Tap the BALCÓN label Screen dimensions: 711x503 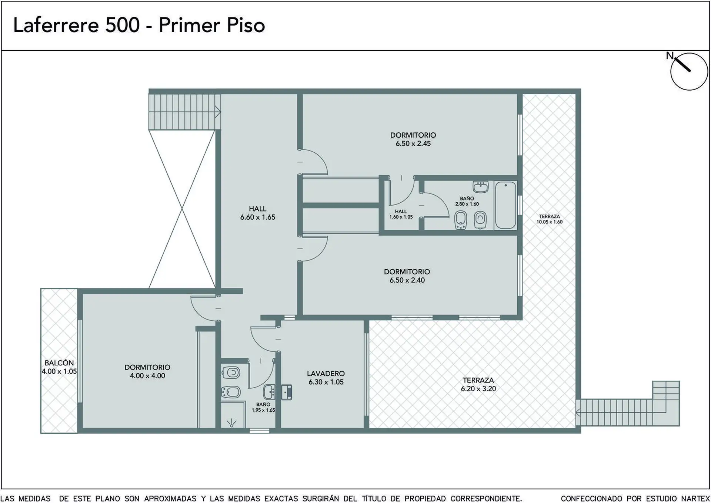tap(59, 363)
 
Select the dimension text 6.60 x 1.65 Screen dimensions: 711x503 tap(258, 217)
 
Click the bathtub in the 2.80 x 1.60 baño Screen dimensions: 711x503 tap(505, 205)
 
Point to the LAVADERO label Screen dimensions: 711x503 tap(326, 374)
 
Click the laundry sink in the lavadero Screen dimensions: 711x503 tap(287, 392)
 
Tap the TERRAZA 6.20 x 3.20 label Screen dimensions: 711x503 tap(478, 384)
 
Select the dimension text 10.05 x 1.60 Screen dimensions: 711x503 tap(550, 222)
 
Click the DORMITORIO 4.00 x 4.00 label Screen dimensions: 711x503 tap(147, 371)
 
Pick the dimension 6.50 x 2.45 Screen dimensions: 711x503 tap(413, 144)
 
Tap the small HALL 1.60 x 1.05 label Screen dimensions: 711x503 tap(401, 214)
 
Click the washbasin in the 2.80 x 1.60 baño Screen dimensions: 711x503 tap(481, 187)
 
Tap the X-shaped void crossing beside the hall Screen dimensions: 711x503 tap(182, 209)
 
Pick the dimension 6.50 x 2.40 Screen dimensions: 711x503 tap(407, 280)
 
